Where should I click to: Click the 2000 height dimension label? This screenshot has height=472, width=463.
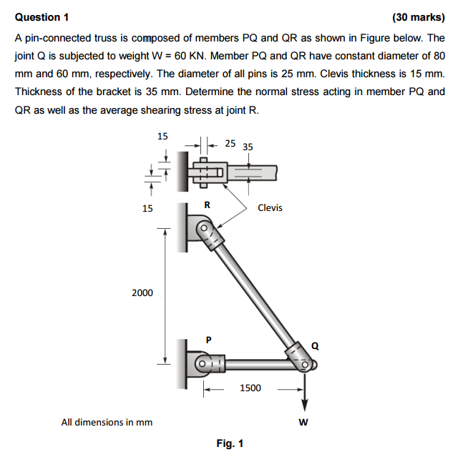click(142, 292)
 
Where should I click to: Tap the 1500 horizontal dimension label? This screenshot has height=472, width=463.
click(250, 388)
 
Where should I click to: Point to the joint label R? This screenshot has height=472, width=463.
click(208, 205)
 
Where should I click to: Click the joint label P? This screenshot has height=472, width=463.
click(208, 340)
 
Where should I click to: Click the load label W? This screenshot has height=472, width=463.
click(303, 422)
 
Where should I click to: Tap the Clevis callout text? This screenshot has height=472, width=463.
click(270, 208)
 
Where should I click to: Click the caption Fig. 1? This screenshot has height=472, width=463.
click(230, 443)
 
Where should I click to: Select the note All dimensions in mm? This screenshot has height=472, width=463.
click(107, 422)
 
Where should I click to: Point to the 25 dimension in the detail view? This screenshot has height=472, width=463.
click(230, 143)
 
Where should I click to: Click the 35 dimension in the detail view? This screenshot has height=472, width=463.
click(248, 147)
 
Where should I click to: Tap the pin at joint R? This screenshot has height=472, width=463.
click(203, 229)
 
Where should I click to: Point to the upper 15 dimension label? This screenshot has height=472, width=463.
click(162, 136)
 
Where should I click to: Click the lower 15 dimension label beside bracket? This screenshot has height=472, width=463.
click(147, 208)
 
